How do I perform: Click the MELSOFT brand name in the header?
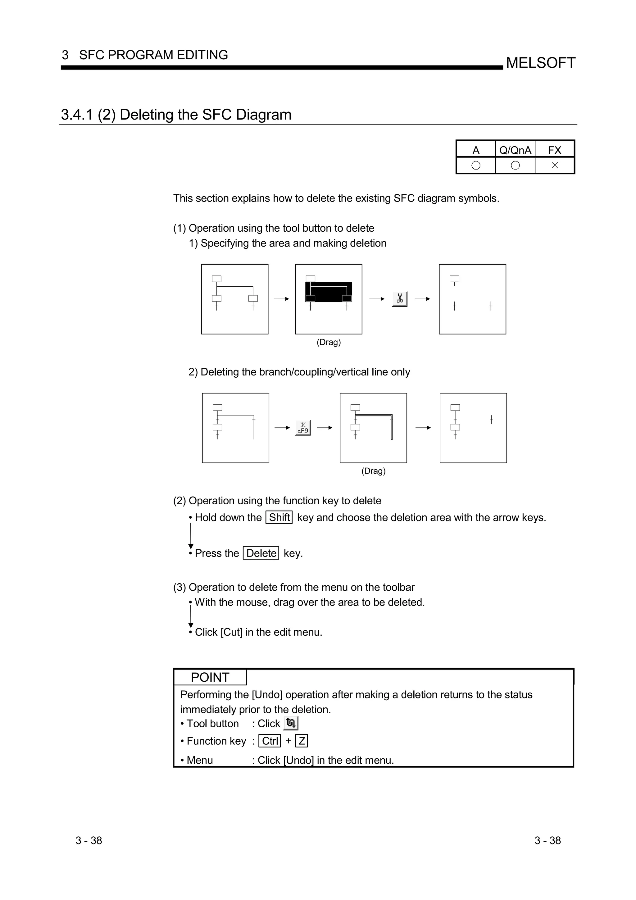pos(540,63)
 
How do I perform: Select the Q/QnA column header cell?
pos(515,150)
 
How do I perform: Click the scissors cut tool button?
pos(400,299)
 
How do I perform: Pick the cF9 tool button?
pos(303,428)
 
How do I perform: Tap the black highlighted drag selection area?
pos(329,292)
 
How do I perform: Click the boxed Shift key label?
pos(279,518)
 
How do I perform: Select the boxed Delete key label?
pos(261,553)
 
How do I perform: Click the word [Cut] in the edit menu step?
pos(231,632)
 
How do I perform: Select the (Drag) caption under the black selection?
pos(329,342)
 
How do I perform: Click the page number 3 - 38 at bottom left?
pos(89,840)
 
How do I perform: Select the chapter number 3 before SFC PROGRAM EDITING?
pos(65,55)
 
